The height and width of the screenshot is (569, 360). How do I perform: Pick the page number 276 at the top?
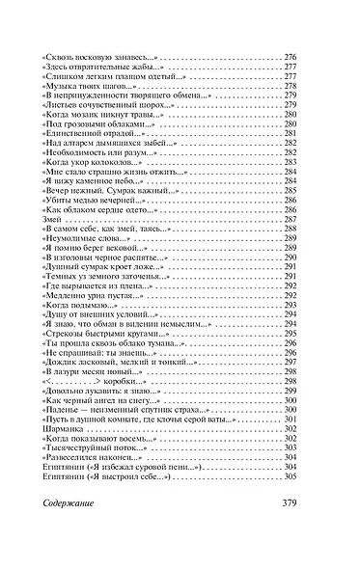tap(290, 59)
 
